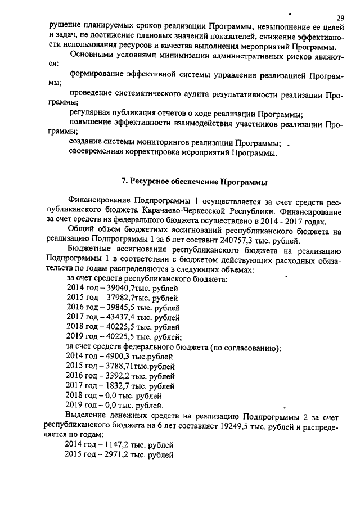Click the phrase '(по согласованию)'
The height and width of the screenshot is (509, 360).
point(245,347)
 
